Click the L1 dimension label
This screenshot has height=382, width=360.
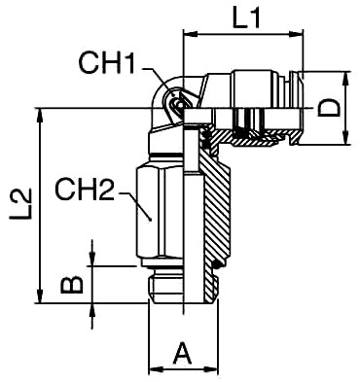[x=246, y=17]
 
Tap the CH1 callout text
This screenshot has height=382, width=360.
[x=106, y=62]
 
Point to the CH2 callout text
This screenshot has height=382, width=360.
[x=85, y=190]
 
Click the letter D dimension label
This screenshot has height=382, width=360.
[x=329, y=108]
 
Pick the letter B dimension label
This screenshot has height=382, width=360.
[x=72, y=285]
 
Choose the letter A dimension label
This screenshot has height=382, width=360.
[x=183, y=354]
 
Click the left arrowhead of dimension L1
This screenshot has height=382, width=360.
[x=191, y=34]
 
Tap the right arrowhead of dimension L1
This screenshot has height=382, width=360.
[x=296, y=34]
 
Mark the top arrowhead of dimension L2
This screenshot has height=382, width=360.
[x=40, y=116]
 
